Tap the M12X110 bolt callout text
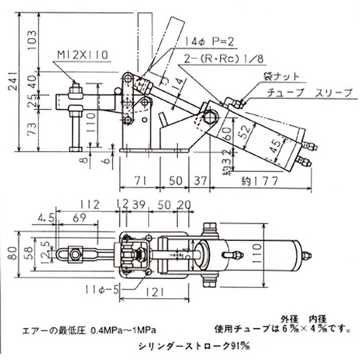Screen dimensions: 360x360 tap(82, 55)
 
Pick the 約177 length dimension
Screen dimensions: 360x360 tap(261, 181)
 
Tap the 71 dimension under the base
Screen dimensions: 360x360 tap(140, 181)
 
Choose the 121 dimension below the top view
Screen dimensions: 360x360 tap(155, 293)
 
